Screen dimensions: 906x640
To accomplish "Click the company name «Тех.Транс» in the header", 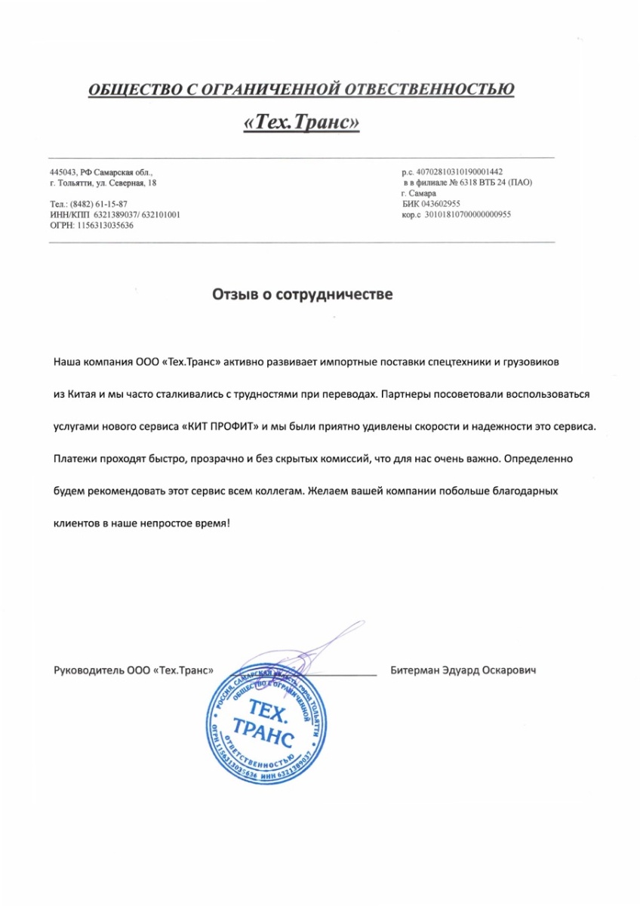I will [x=301, y=122].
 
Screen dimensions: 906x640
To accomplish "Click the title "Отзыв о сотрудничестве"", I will [x=301, y=294].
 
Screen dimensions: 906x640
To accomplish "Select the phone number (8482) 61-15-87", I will [x=98, y=205].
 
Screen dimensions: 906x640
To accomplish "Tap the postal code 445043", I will [x=63, y=173].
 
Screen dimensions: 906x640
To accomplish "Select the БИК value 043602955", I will [x=438, y=204].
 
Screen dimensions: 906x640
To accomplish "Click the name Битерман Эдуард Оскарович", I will [x=463, y=670].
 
